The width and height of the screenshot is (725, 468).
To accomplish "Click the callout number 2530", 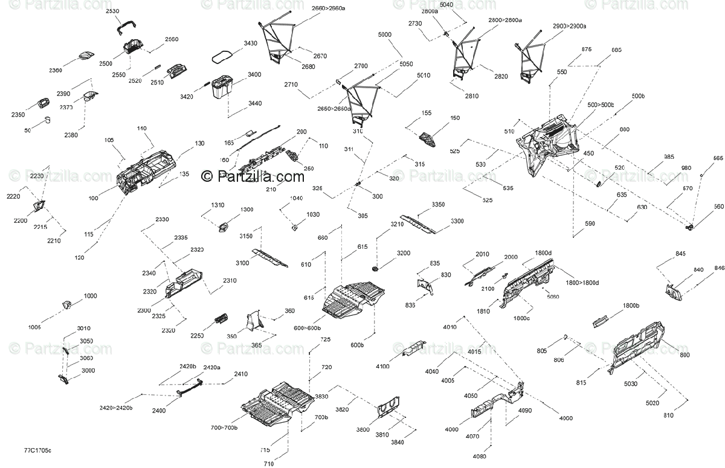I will click(x=112, y=11).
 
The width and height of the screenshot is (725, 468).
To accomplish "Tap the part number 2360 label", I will click(x=56, y=70).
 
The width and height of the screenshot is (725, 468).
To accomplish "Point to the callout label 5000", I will click(x=385, y=35).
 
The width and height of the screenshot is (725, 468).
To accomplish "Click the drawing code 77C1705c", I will click(x=37, y=450).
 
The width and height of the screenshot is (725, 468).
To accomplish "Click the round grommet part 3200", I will click(x=375, y=267).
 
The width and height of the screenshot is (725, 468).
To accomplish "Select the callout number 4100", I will click(x=382, y=367).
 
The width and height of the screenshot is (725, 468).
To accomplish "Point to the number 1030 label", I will click(x=313, y=214).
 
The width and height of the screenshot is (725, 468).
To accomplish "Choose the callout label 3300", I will click(x=457, y=221).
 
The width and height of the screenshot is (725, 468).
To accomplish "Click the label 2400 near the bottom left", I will click(x=159, y=411).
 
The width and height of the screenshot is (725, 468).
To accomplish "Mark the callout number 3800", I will click(x=363, y=429).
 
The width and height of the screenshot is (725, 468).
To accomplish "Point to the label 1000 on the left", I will click(x=90, y=296).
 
